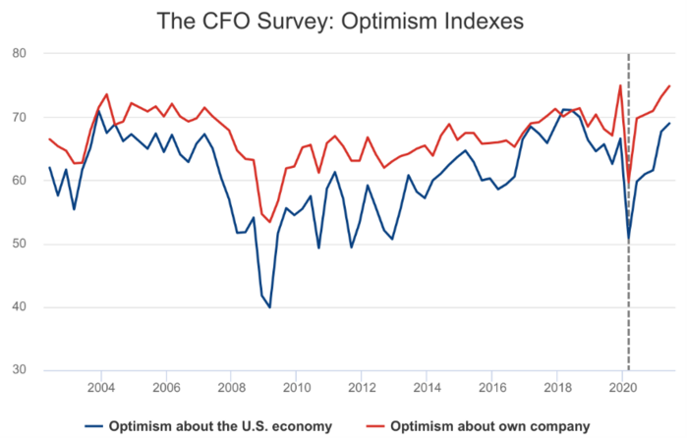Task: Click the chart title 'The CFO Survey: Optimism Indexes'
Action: [x=342, y=21]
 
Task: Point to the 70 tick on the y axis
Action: [x=19, y=117]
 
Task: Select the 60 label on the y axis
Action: [x=19, y=181]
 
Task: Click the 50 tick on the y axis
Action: [x=19, y=245]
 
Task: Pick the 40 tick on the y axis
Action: [x=19, y=307]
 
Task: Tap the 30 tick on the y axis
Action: [x=19, y=371]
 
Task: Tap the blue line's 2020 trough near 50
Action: [x=629, y=239]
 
